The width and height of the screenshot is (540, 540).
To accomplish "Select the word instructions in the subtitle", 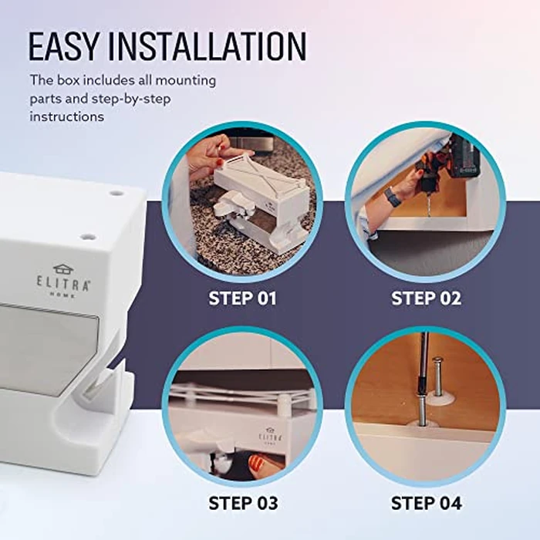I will tap(67, 116).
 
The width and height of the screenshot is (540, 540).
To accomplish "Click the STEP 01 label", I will tap(242, 299).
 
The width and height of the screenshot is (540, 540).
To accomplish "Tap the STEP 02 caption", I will tap(425, 299).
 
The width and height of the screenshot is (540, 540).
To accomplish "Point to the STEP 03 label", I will tap(242, 504).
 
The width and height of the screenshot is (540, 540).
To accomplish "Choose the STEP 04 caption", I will tap(425, 504).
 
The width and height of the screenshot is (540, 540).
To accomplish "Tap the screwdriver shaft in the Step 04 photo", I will tap(424, 370).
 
